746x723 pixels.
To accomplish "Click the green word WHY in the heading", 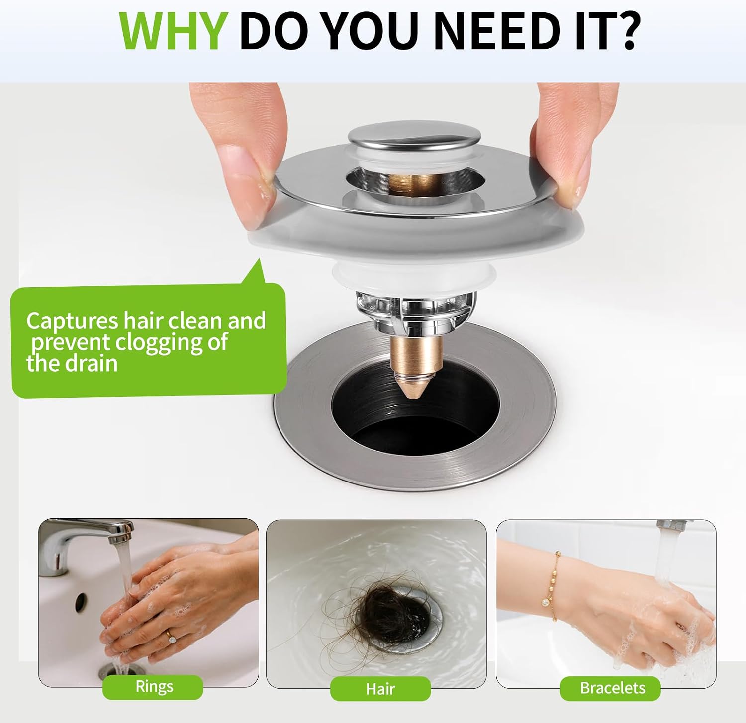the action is [x=174, y=32].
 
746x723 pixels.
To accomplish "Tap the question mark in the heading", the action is [x=624, y=31].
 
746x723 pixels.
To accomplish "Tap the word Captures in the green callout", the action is [x=72, y=321].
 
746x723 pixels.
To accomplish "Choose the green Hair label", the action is [x=380, y=689].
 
